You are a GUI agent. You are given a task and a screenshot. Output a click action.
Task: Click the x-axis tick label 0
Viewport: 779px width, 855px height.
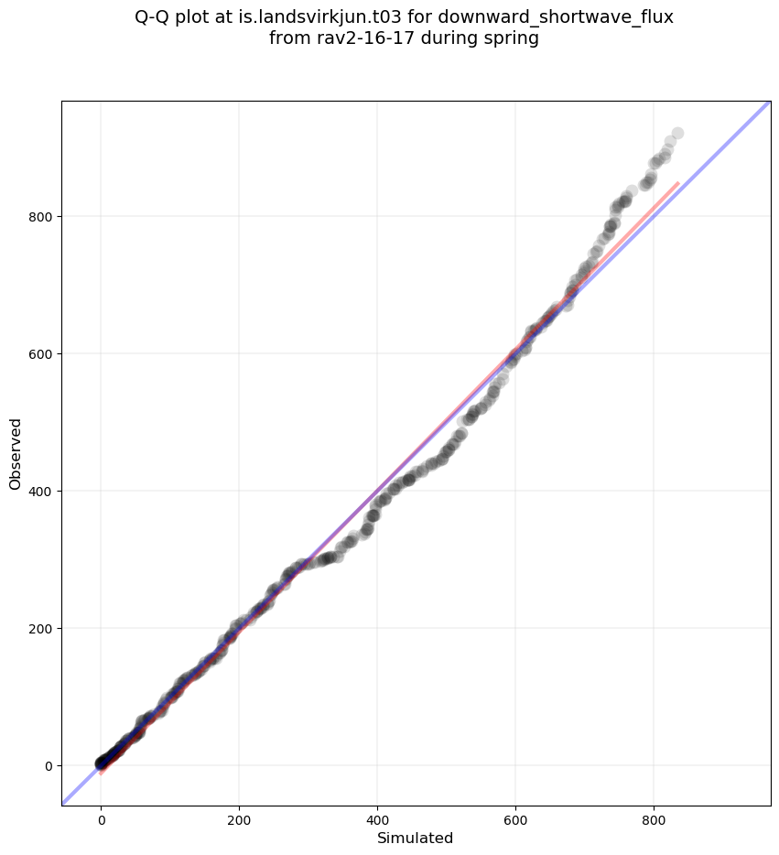(x=102, y=821)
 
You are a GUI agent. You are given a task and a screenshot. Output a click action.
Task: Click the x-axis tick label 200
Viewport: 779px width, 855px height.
(x=239, y=821)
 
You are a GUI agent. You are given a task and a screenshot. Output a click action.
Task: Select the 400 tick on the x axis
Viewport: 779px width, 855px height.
(x=377, y=821)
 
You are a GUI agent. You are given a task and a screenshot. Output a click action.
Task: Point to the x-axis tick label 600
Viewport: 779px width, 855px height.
(x=515, y=821)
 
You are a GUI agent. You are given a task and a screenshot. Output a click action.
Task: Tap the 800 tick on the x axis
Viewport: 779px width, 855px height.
(x=654, y=821)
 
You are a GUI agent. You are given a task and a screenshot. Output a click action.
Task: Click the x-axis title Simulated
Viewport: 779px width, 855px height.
(x=416, y=839)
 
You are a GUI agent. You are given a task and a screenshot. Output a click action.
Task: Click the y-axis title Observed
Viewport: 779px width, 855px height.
(x=16, y=453)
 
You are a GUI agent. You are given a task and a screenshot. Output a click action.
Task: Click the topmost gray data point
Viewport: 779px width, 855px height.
(x=677, y=134)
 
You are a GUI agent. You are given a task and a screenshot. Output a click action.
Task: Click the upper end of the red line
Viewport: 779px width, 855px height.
(x=678, y=183)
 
